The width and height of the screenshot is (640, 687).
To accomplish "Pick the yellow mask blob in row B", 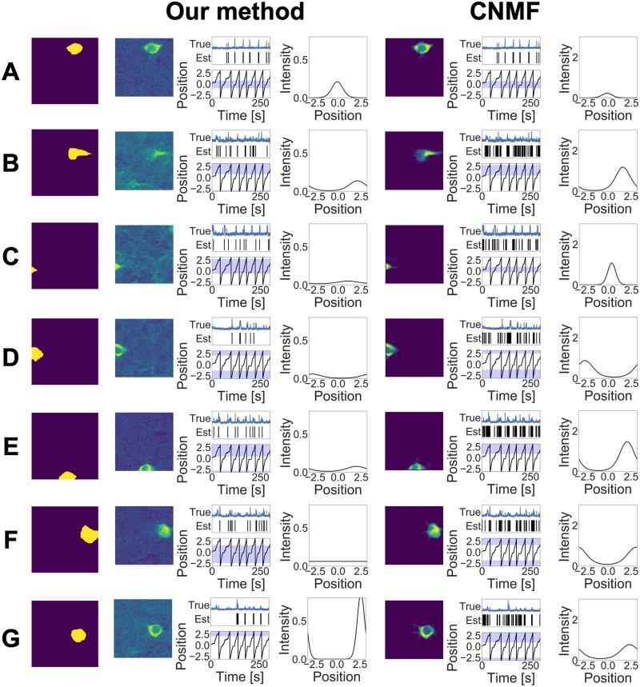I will pyautogui.click(x=79, y=153).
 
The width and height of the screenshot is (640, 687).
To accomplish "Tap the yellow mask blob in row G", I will pyautogui.click(x=78, y=635).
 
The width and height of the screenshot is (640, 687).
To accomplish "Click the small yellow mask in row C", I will pyautogui.click(x=34, y=270).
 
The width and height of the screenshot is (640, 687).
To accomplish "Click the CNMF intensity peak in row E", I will pyautogui.click(x=626, y=442).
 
